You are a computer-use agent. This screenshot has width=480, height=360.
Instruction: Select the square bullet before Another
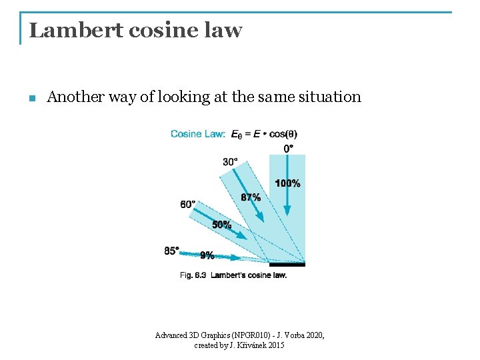point(31,99)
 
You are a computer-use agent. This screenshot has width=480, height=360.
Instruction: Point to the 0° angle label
point(289,148)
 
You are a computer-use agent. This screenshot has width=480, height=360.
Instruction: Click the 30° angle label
point(231,161)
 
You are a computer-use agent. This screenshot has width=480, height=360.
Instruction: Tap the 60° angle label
point(188,204)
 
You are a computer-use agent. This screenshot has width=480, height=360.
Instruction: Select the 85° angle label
point(172,251)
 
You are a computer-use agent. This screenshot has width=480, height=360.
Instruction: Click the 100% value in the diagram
point(288,183)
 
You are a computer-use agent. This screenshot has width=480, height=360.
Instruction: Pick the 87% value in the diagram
point(251,197)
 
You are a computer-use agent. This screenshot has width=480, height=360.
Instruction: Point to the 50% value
point(222,225)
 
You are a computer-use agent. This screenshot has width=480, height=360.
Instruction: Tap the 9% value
point(207,255)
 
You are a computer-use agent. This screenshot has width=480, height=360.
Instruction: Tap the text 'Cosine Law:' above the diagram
point(198,134)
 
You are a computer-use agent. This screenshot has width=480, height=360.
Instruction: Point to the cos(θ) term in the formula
point(283,134)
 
